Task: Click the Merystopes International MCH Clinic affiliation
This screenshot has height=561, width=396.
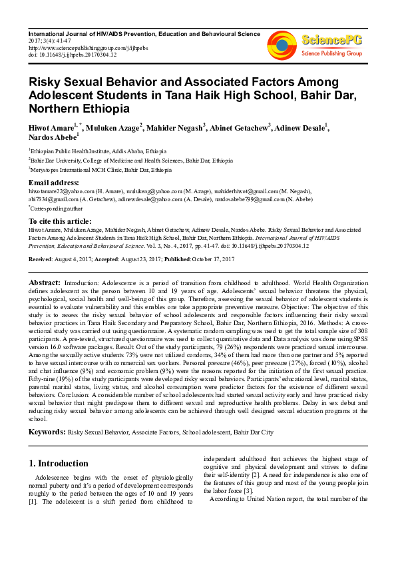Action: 100,170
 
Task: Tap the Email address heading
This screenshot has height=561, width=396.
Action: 54,183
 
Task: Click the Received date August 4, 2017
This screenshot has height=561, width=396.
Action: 77,259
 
